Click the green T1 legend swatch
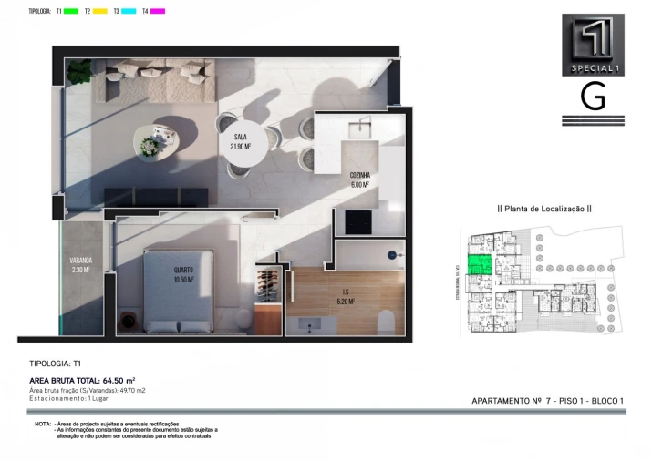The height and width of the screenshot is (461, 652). point(70,11)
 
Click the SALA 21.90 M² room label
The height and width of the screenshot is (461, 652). point(241,141)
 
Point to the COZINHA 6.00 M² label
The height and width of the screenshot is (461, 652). point(358,179)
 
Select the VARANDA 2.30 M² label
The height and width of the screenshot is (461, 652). point(81,265)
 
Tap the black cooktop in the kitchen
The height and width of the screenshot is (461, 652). point(357,221)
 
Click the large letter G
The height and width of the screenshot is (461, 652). point(593,97)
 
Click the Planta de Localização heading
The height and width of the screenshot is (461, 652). point(543,209)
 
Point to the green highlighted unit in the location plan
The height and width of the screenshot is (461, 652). point(480,265)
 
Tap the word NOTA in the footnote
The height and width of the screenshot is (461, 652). point(43,425)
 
